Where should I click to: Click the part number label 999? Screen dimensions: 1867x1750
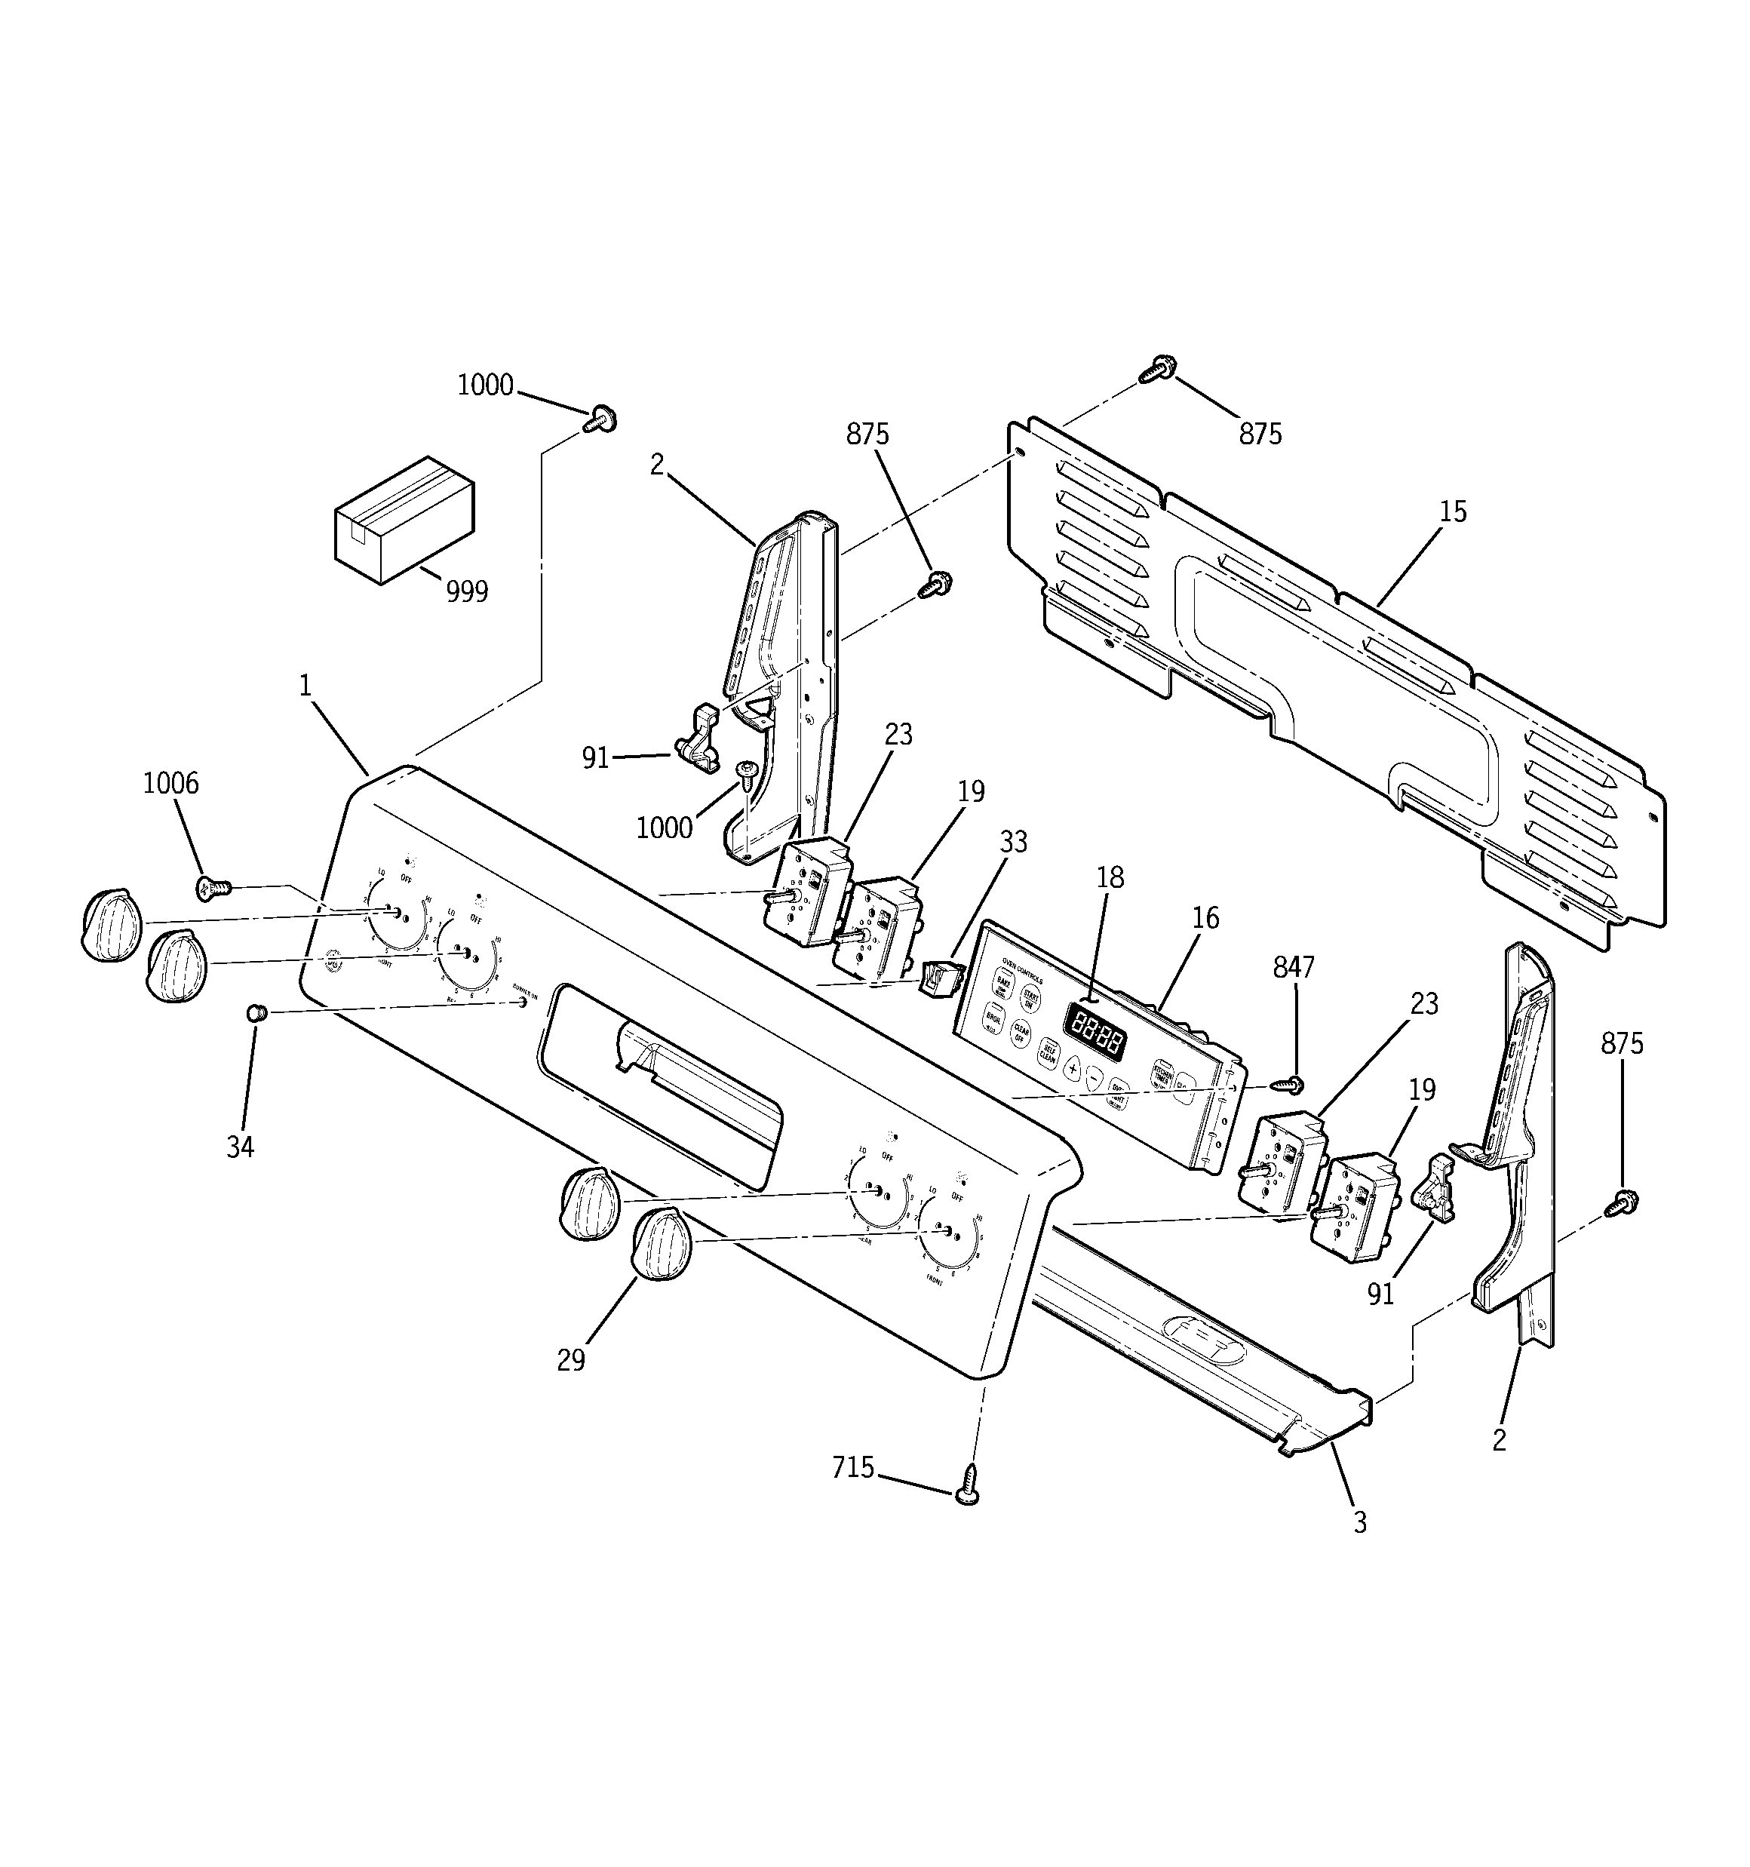[x=467, y=591]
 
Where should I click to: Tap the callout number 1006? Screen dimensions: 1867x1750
[x=171, y=783]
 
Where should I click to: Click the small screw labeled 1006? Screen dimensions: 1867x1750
[x=210, y=885]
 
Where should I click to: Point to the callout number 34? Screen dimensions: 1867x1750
[x=241, y=1147]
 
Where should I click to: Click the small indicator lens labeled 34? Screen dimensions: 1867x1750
[x=254, y=1012]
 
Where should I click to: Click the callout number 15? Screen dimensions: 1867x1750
[x=1452, y=513]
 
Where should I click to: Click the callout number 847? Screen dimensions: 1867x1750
[x=1294, y=967]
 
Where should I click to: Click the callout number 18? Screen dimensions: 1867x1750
[x=1110, y=877]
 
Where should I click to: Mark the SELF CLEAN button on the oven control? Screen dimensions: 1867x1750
[x=1048, y=1054]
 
